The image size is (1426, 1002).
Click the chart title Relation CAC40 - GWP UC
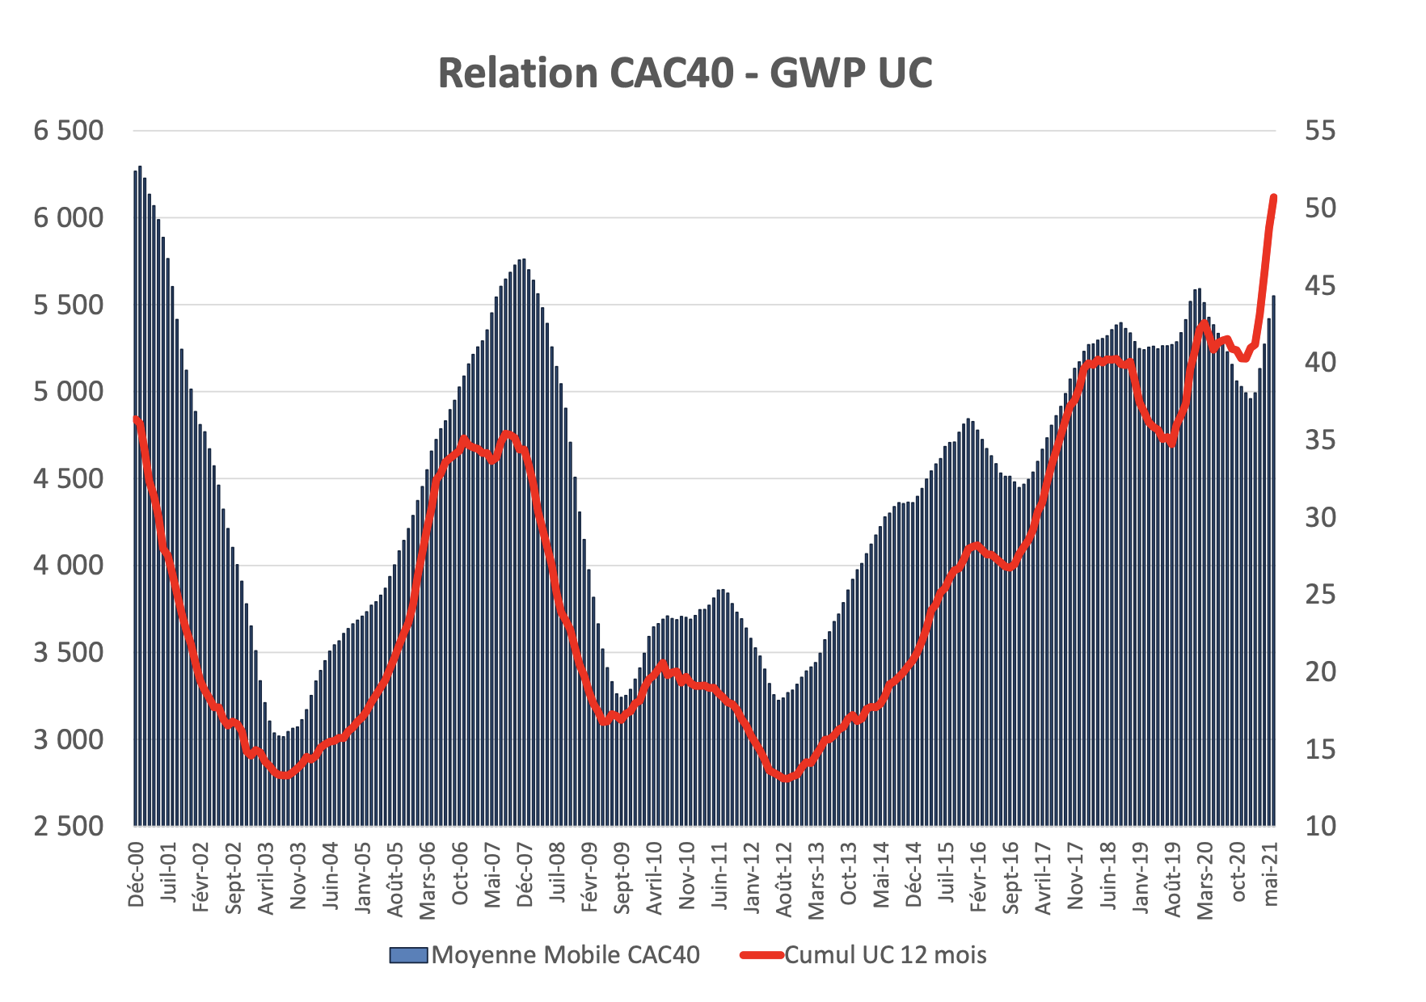[x=686, y=73]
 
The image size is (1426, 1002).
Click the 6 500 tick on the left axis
[x=69, y=130]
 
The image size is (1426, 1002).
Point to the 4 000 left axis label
[x=69, y=565]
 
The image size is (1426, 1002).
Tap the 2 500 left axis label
[x=69, y=826]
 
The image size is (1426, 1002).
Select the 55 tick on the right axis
[x=1320, y=130]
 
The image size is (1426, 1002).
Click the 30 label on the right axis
[x=1320, y=516]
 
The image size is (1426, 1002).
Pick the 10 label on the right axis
[x=1320, y=826]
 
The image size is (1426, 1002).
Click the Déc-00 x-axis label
[x=136, y=874]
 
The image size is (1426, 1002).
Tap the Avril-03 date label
[x=266, y=878]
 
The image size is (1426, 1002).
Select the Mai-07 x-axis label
[x=493, y=875]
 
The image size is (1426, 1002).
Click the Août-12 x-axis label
[x=785, y=878]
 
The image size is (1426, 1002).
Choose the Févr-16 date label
[x=979, y=877]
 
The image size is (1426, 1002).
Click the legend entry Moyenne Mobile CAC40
[x=565, y=954]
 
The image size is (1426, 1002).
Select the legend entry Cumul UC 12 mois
[x=885, y=954]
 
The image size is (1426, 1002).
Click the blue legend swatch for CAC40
[x=407, y=955]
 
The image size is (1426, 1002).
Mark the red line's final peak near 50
[x=1273, y=197]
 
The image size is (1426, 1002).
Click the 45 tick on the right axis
[x=1320, y=285]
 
